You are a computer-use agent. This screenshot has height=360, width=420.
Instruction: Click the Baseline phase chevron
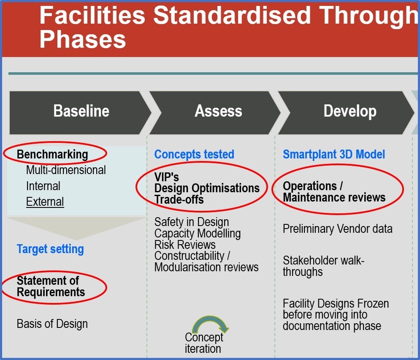pyautogui.click(x=80, y=112)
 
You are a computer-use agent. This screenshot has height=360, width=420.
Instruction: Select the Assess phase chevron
pyautogui.click(x=215, y=112)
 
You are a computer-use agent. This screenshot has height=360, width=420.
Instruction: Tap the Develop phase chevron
pyautogui.click(x=346, y=112)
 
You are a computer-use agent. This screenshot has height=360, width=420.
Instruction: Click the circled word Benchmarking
pyautogui.click(x=52, y=154)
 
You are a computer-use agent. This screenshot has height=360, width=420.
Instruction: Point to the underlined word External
pyautogui.click(x=45, y=202)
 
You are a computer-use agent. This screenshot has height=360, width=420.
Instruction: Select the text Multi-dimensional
pyautogui.click(x=66, y=170)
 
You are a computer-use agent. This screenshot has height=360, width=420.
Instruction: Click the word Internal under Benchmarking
pyautogui.click(x=43, y=186)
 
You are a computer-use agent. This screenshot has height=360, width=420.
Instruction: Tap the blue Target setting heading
pyautogui.click(x=50, y=249)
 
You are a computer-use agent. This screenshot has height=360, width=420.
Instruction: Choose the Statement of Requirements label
pyautogui.click(x=51, y=286)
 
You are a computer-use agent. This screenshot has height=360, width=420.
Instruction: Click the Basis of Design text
pyautogui.click(x=52, y=324)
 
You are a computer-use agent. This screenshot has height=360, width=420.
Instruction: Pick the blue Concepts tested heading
pyautogui.click(x=194, y=154)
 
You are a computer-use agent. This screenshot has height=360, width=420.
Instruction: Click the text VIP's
pyautogui.click(x=167, y=177)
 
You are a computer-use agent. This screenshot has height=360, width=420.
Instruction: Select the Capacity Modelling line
pyautogui.click(x=198, y=234)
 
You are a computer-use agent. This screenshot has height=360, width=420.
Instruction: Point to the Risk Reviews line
pyautogui.click(x=185, y=245)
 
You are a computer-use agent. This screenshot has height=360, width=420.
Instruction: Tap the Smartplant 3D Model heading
pyautogui.click(x=334, y=154)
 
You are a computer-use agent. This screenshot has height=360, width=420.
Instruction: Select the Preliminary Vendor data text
pyautogui.click(x=338, y=229)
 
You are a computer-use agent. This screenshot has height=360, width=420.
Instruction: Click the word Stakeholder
pyautogui.click(x=307, y=260)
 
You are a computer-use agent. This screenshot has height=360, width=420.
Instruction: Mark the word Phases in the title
pyautogui.click(x=82, y=40)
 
